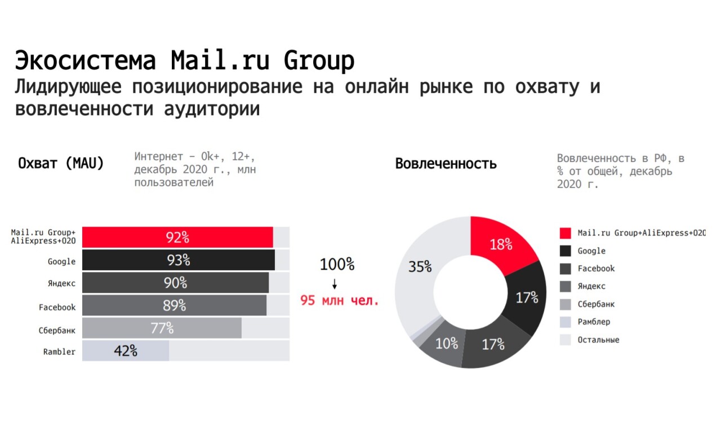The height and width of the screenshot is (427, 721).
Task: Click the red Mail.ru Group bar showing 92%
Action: point(177,237)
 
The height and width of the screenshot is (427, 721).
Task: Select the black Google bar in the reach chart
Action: point(178,260)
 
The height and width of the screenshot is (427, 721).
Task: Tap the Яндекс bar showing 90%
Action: point(175,283)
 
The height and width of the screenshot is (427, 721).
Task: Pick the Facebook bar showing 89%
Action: point(174,305)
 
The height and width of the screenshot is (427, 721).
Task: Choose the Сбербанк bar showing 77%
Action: point(162,328)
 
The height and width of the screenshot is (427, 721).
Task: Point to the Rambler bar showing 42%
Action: point(126,350)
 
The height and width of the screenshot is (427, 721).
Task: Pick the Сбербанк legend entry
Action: point(596,304)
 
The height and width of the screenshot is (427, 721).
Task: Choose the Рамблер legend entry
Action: point(594,322)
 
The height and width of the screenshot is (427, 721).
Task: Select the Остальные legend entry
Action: point(598,340)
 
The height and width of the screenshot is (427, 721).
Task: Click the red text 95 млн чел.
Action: point(340,300)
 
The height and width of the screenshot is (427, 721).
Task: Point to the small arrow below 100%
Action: point(335,283)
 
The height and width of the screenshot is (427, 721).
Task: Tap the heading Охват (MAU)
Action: point(61,164)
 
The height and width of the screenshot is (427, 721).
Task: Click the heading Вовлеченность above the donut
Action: point(446,164)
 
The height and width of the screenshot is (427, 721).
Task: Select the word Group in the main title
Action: point(319,60)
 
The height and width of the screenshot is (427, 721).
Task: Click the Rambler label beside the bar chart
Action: point(59,351)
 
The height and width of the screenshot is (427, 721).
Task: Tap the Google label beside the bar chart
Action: point(61,261)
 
